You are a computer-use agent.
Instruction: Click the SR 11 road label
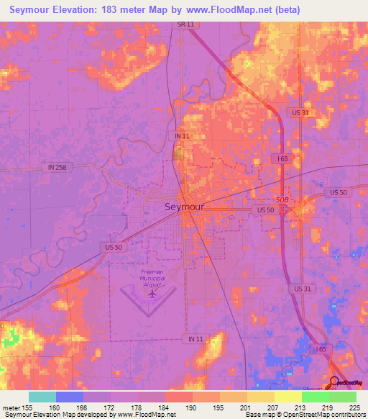(185, 24)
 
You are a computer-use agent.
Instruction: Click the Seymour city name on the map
(184, 207)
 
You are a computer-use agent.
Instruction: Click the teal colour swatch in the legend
(42, 397)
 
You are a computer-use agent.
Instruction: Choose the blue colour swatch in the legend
(70, 397)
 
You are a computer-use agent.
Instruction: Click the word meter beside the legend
(11, 407)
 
